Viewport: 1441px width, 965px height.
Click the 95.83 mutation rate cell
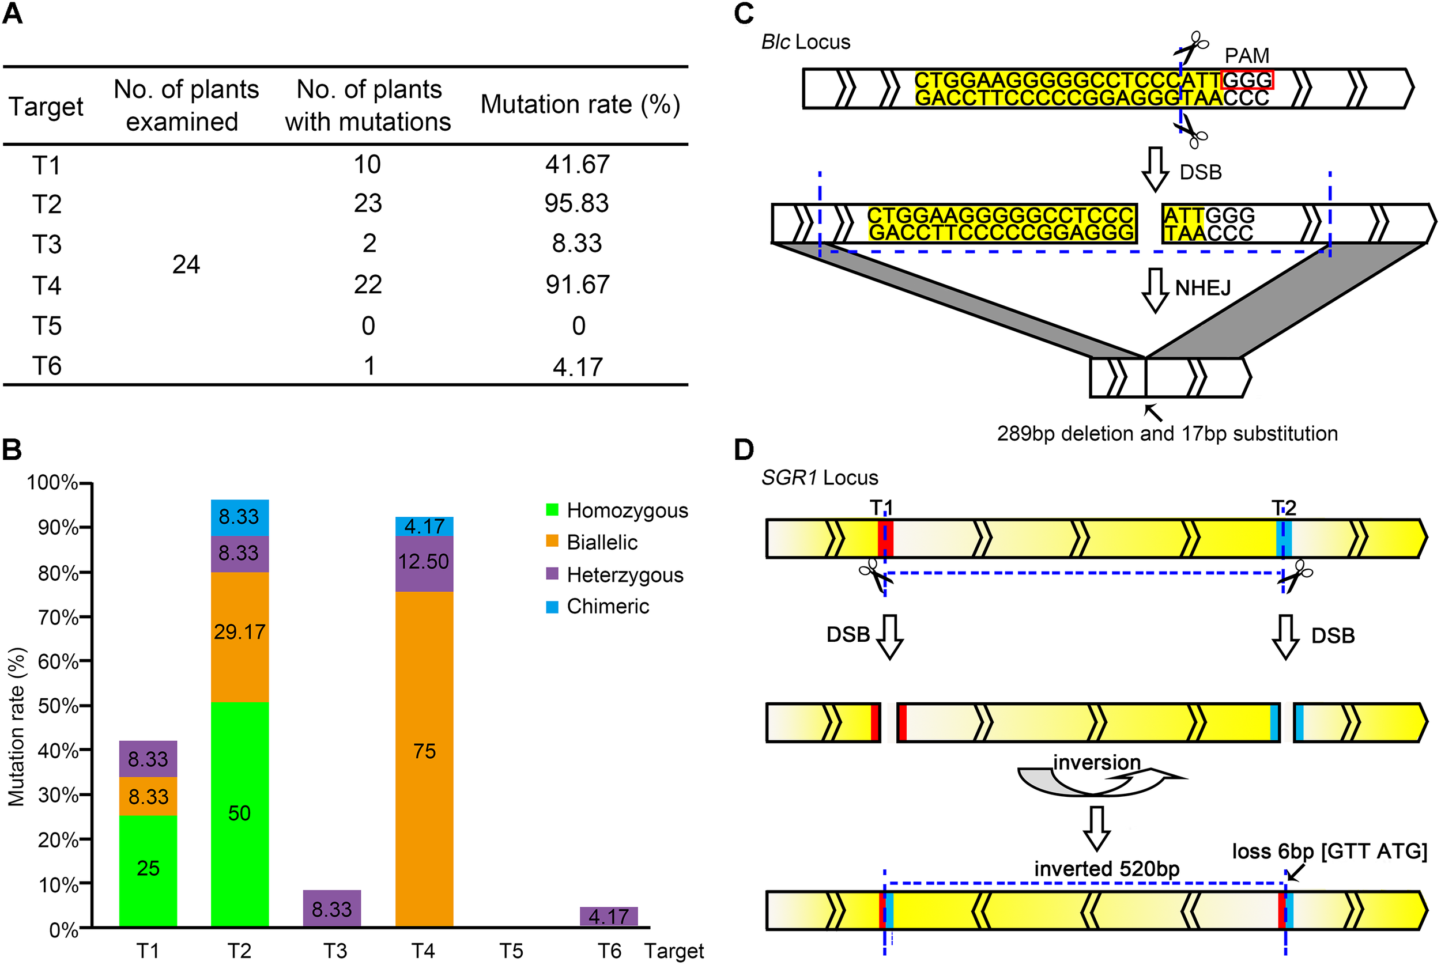[576, 204]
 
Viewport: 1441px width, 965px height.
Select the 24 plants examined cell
[186, 264]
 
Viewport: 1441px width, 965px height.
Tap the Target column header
[46, 107]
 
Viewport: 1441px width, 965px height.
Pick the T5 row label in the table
[47, 326]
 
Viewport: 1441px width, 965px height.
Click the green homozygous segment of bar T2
[239, 813]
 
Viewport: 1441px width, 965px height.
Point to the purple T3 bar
[332, 909]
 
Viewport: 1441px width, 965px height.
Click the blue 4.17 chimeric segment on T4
[424, 526]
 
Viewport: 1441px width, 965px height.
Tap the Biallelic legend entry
[601, 542]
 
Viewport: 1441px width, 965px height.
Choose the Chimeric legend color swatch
[552, 607]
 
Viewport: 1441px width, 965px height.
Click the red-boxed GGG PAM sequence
[1247, 80]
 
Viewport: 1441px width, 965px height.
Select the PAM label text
[1247, 55]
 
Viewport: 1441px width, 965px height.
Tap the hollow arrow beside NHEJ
[1155, 290]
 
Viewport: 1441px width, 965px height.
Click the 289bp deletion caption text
[1167, 433]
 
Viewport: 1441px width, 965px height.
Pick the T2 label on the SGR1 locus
[1284, 508]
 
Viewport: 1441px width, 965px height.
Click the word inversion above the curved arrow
[1096, 763]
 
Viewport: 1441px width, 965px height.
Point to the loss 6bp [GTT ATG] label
[1329, 851]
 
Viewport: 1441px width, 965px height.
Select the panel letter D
[744, 450]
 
